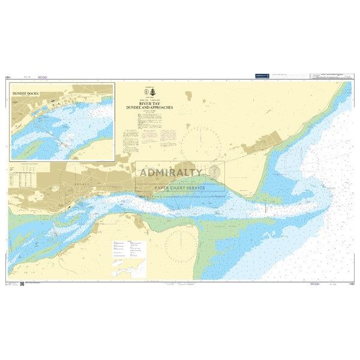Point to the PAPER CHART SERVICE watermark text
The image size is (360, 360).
pyautogui.click(x=179, y=187)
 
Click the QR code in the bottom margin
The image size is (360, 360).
pyautogui.click(x=22, y=283)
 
